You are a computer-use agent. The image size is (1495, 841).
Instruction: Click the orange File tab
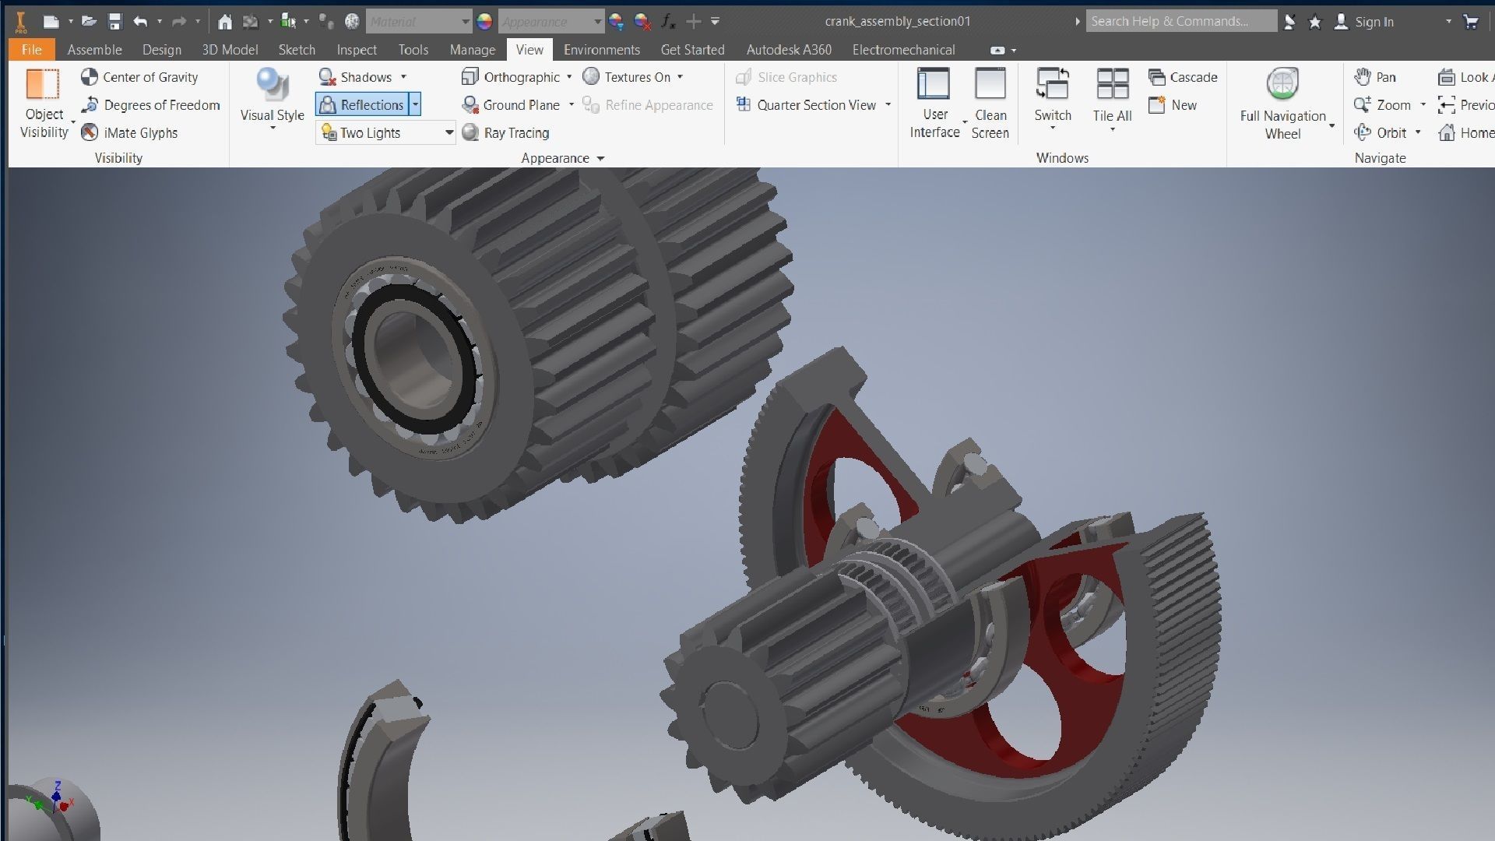coord(31,50)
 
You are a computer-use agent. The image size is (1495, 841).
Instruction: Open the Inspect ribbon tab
coord(357,50)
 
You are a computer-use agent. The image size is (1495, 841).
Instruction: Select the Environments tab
coord(601,50)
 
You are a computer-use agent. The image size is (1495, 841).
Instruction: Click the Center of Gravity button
coord(140,77)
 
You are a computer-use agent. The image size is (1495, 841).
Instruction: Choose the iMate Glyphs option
coord(131,133)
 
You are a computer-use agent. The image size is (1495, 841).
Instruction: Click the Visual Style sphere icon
coord(272,86)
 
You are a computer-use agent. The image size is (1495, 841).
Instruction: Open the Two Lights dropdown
coord(448,133)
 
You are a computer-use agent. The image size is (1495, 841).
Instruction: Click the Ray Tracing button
coord(506,133)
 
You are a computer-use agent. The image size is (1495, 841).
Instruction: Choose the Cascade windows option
coord(1183,77)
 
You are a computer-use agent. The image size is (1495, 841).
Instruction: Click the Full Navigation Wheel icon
coord(1282,84)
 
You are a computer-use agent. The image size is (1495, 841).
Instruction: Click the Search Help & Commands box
coord(1180,21)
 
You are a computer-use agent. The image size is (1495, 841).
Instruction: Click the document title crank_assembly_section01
coord(897,21)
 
